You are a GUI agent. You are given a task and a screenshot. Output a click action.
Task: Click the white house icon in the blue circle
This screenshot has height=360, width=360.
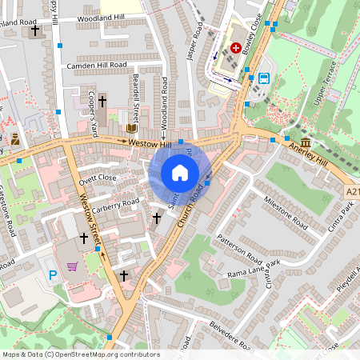tap(180, 173)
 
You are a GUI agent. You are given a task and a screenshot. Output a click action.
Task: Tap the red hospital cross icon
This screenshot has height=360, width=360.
tap(236, 48)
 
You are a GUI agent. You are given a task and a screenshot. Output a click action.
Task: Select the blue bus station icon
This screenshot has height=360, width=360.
tap(264, 78)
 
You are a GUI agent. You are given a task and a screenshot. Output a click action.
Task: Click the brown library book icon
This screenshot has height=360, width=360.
tap(131, 128)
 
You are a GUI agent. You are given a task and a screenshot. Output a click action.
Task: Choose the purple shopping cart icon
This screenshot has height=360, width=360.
tap(73, 266)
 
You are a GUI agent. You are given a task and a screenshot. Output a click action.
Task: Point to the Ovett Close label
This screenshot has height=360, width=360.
tap(98, 178)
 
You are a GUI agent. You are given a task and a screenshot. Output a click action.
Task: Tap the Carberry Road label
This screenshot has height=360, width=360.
tap(115, 204)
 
